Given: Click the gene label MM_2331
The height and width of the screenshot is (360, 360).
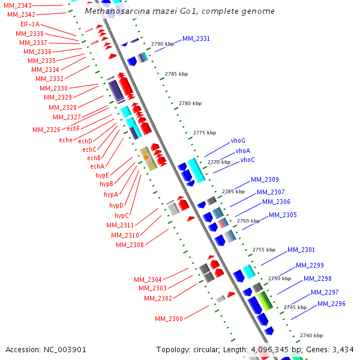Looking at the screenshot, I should (196, 38).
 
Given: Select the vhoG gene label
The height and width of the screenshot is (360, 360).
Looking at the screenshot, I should (238, 141).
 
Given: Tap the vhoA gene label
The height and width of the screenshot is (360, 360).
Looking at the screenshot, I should (243, 151).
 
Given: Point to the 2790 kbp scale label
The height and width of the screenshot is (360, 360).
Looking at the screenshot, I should (161, 44).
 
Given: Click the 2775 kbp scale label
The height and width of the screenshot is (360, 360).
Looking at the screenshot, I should (203, 133).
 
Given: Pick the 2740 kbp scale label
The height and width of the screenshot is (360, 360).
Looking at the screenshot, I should (311, 335).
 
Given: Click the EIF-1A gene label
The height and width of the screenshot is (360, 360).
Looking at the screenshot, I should (29, 24).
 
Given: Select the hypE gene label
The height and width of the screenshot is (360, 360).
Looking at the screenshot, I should (102, 175).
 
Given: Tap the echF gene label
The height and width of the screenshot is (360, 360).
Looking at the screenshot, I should (73, 128).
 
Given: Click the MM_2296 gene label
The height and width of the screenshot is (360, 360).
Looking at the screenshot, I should (331, 304).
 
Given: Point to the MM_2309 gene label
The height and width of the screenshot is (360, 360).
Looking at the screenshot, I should (265, 179).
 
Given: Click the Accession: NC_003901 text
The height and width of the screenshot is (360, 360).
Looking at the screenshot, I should (46, 349).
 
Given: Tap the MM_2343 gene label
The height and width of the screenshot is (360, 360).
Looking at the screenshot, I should (17, 5).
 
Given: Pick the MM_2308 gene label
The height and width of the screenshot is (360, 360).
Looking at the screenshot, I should (130, 245).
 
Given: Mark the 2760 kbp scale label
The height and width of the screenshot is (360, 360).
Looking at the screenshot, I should (247, 221).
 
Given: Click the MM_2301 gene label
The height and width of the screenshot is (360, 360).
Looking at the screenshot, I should (301, 250).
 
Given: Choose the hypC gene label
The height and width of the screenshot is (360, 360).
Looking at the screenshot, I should (122, 215).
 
